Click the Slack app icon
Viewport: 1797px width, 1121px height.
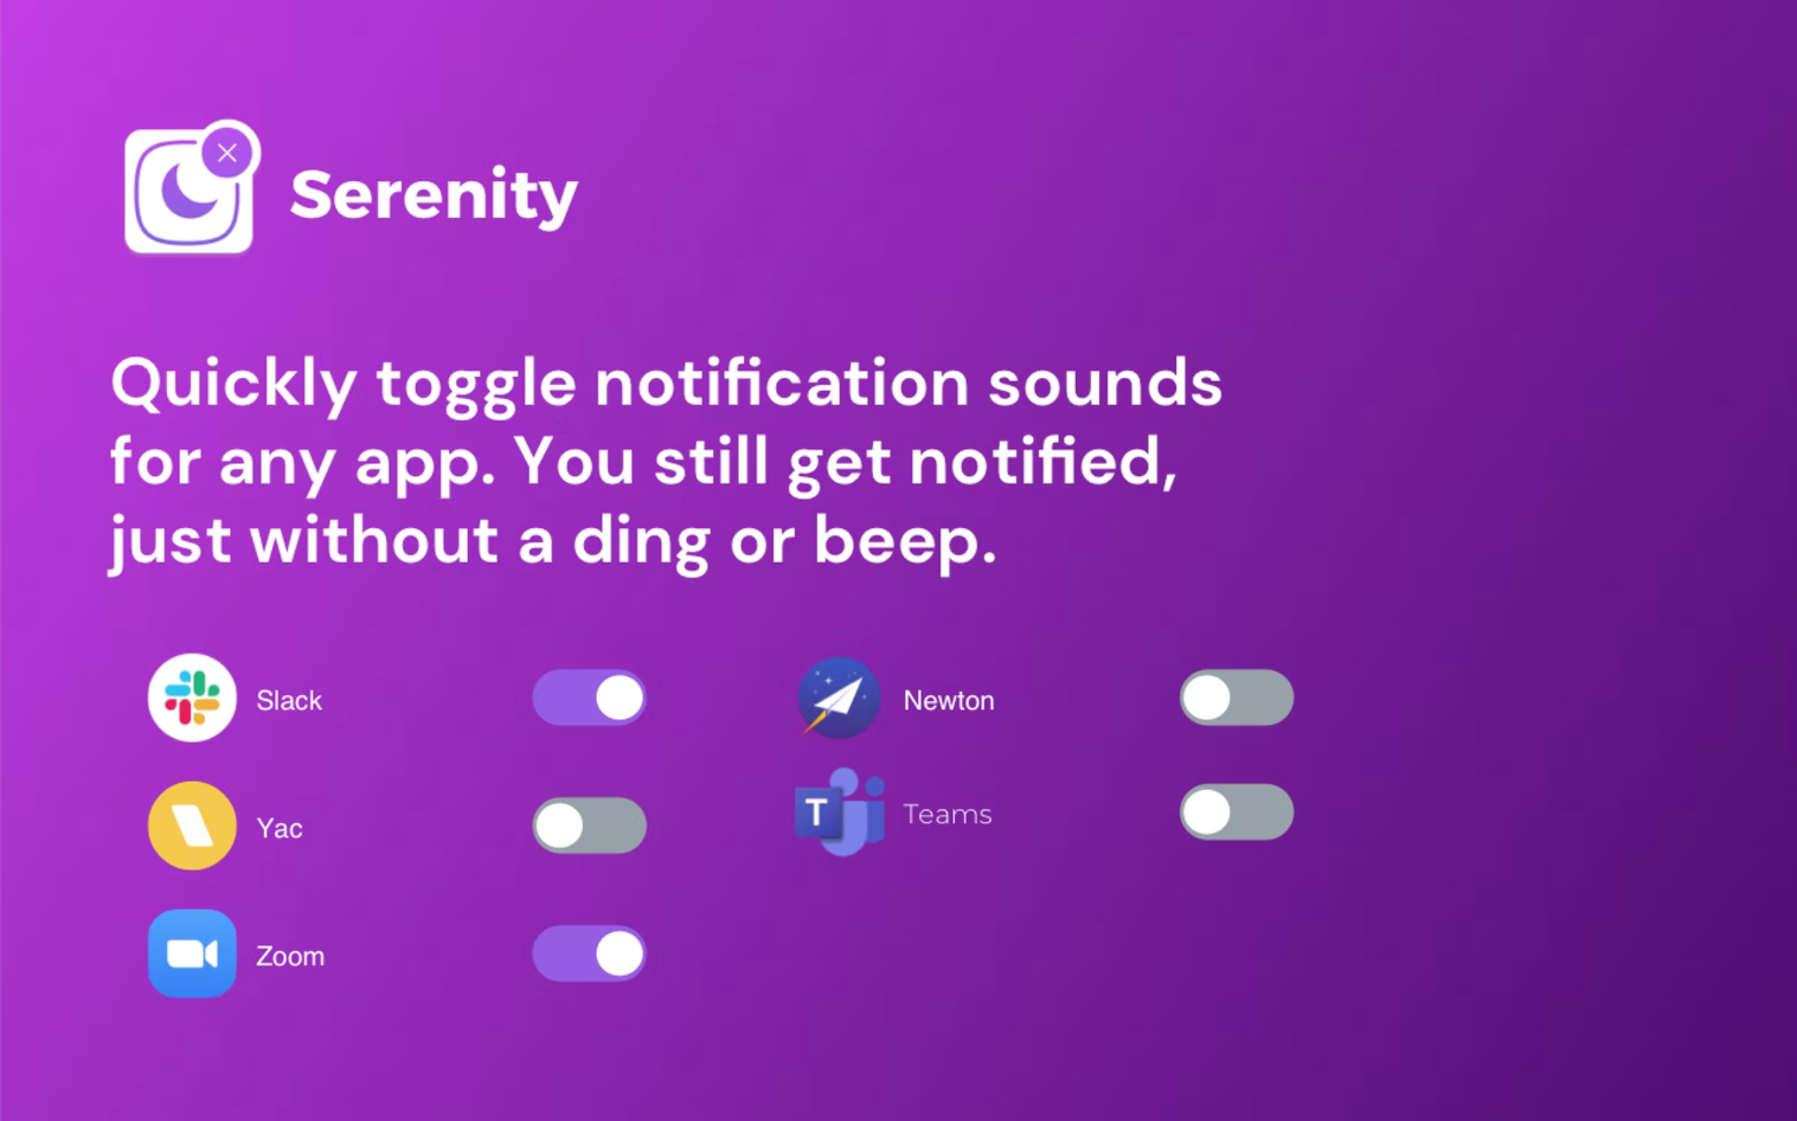point(192,698)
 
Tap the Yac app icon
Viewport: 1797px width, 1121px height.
point(192,826)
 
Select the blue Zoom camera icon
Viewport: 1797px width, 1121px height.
point(192,953)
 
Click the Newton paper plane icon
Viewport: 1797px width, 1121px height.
point(838,698)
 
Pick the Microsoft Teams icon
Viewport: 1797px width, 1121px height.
point(839,812)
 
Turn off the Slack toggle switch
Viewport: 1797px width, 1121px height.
point(590,698)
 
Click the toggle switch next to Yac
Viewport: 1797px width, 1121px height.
point(590,826)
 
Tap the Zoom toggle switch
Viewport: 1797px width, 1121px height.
point(590,953)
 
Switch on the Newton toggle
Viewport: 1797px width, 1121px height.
point(1237,698)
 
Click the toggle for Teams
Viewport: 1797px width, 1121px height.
point(1237,812)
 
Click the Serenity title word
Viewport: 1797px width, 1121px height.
point(434,195)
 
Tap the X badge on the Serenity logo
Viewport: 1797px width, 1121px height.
point(227,152)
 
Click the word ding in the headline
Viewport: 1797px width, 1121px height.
point(641,542)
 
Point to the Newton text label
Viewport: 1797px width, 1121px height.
point(949,700)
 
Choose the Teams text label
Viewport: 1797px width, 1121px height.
point(947,814)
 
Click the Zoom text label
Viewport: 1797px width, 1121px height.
point(290,956)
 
